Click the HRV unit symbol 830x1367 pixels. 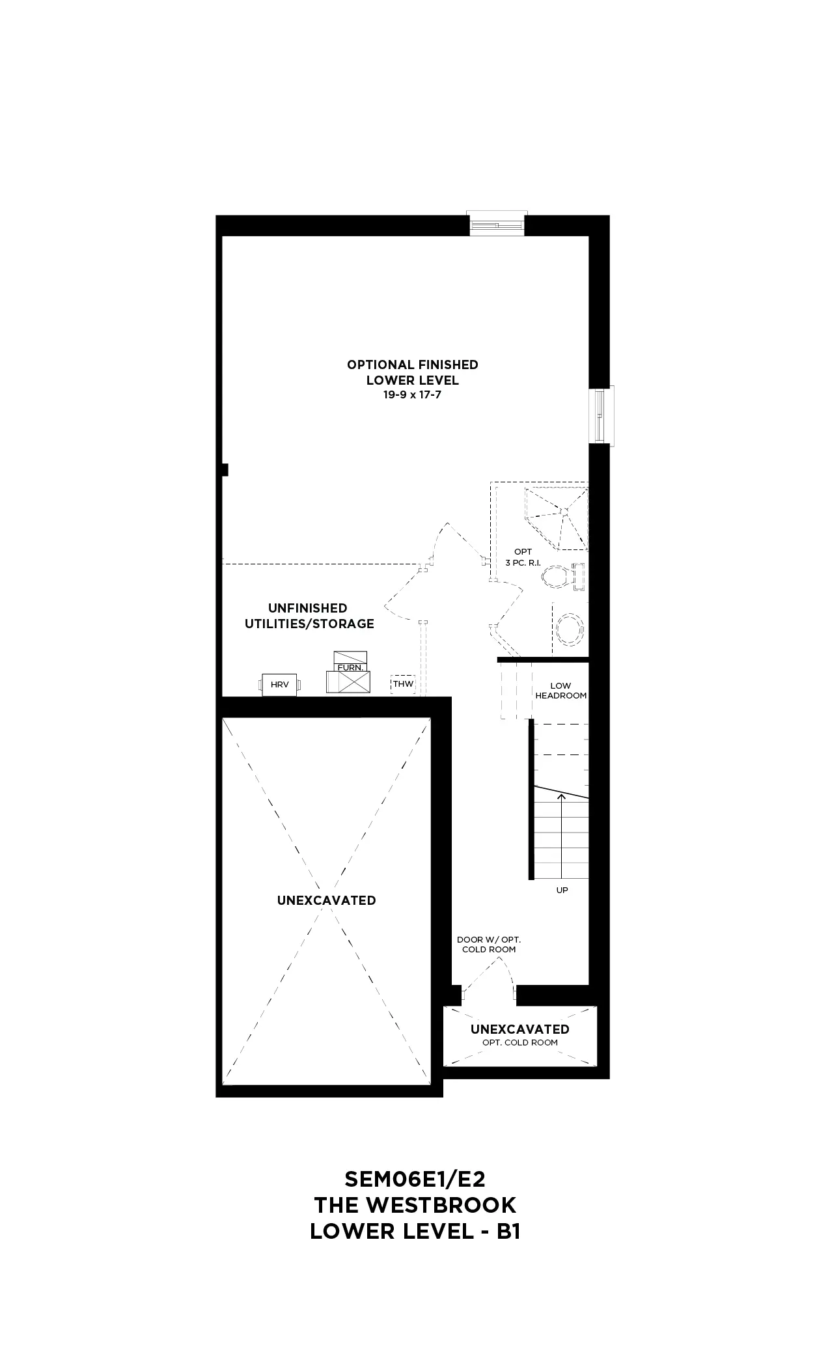[x=281, y=685]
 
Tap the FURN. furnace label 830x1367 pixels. [x=350, y=668]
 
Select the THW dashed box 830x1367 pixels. [x=403, y=684]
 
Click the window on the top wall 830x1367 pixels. [x=497, y=223]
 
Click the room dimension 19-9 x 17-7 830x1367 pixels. [x=412, y=395]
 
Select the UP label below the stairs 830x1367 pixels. [x=562, y=890]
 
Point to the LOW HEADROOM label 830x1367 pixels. [x=560, y=691]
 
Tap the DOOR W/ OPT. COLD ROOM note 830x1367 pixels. [x=489, y=945]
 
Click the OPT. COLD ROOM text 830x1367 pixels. [x=520, y=1042]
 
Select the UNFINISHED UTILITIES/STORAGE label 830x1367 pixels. [x=309, y=616]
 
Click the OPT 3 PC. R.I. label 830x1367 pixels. [x=523, y=557]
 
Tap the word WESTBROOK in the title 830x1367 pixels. [x=441, y=1205]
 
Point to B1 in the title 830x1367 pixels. [x=508, y=1231]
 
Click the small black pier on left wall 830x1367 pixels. [x=225, y=469]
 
